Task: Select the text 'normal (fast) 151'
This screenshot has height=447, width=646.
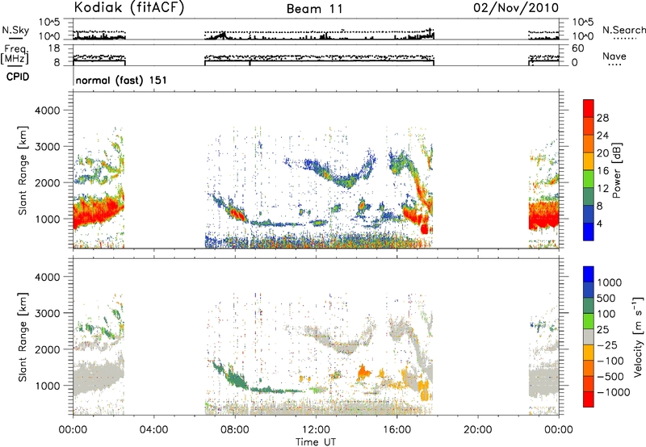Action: (120, 80)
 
